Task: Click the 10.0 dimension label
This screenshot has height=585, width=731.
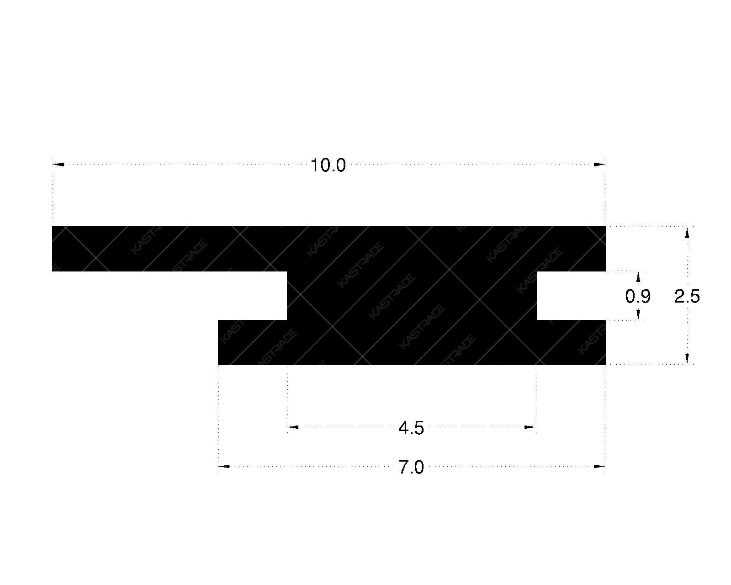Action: (328, 165)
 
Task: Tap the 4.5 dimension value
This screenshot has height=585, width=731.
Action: (411, 429)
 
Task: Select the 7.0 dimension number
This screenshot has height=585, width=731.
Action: (411, 468)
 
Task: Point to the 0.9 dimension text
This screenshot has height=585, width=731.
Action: (638, 297)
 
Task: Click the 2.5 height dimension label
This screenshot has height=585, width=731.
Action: (687, 297)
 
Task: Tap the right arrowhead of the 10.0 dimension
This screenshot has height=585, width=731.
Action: (599, 164)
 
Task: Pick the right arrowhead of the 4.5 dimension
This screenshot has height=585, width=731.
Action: (530, 427)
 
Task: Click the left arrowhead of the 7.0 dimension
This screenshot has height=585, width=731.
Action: (224, 467)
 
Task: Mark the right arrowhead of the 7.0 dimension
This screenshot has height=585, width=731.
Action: (599, 467)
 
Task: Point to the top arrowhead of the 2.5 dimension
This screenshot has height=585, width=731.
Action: (687, 233)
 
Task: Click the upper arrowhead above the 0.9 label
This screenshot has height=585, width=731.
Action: (638, 277)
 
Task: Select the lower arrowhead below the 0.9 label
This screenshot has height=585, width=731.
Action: (638, 314)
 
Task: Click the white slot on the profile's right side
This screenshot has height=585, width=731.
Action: (571, 295)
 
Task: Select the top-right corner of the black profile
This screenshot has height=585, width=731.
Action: (604, 227)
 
